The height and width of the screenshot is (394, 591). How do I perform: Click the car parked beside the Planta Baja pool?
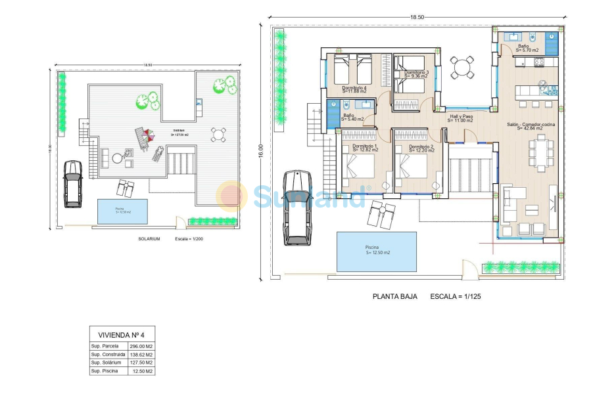tap(296, 208)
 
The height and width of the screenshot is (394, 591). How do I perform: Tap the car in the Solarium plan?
tap(72, 184)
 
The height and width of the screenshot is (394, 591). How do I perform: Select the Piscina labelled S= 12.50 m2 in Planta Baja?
tap(377, 251)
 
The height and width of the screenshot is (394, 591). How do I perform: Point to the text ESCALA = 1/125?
tap(456, 296)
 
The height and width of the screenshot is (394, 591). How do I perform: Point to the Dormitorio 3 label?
tap(416, 74)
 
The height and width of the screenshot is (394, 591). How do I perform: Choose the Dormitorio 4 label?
tap(354, 89)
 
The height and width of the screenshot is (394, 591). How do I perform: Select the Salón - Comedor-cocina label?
tap(531, 126)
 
